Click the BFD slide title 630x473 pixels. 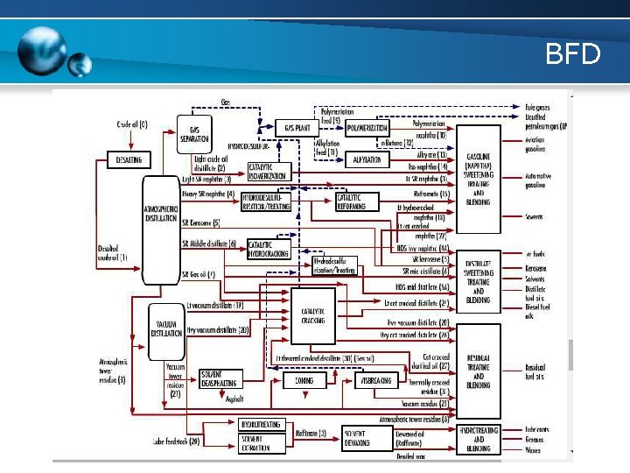pyautogui.click(x=572, y=55)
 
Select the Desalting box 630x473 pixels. pyautogui.click(x=129, y=159)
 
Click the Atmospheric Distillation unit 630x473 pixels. pyautogui.click(x=161, y=229)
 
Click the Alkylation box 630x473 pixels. pyautogui.click(x=367, y=160)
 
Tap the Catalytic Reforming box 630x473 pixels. pyautogui.click(x=357, y=202)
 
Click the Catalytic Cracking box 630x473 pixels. pyautogui.click(x=313, y=315)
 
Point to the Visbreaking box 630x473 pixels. pyautogui.click(x=377, y=380)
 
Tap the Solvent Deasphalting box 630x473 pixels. pyautogui.click(x=221, y=379)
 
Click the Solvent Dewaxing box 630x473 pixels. pyautogui.click(x=354, y=438)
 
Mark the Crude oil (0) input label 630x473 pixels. pyautogui.click(x=132, y=124)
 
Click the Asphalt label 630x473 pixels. pyautogui.click(x=234, y=399)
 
